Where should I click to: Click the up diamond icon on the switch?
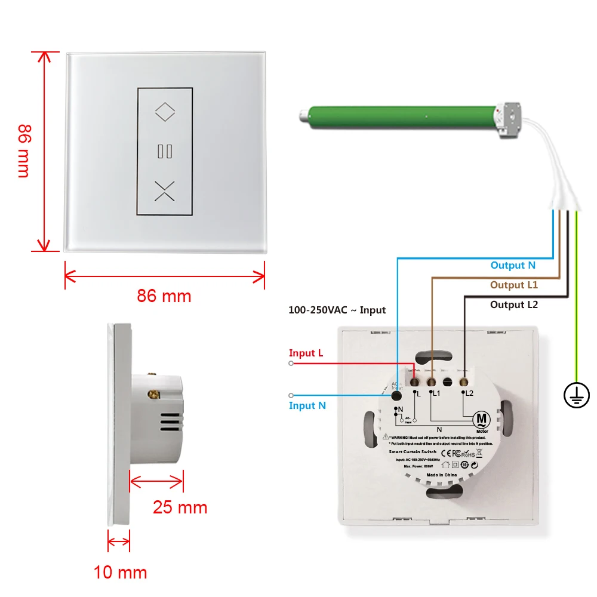(x=164, y=110)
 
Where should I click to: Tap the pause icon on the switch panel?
(x=164, y=151)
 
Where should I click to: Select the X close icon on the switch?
(x=164, y=190)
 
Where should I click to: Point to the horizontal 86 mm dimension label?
(x=164, y=296)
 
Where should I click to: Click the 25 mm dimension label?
(x=180, y=507)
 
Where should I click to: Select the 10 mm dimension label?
(x=120, y=573)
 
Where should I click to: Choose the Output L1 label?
(x=514, y=285)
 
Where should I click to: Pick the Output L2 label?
(x=514, y=304)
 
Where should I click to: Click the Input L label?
(x=306, y=353)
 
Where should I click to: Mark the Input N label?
(x=307, y=405)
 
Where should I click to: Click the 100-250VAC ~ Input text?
(x=337, y=310)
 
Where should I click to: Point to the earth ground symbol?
(x=577, y=395)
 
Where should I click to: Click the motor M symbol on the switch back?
(x=481, y=419)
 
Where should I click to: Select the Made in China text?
(x=441, y=475)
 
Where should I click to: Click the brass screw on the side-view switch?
(x=155, y=393)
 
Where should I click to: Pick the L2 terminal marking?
(x=469, y=393)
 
